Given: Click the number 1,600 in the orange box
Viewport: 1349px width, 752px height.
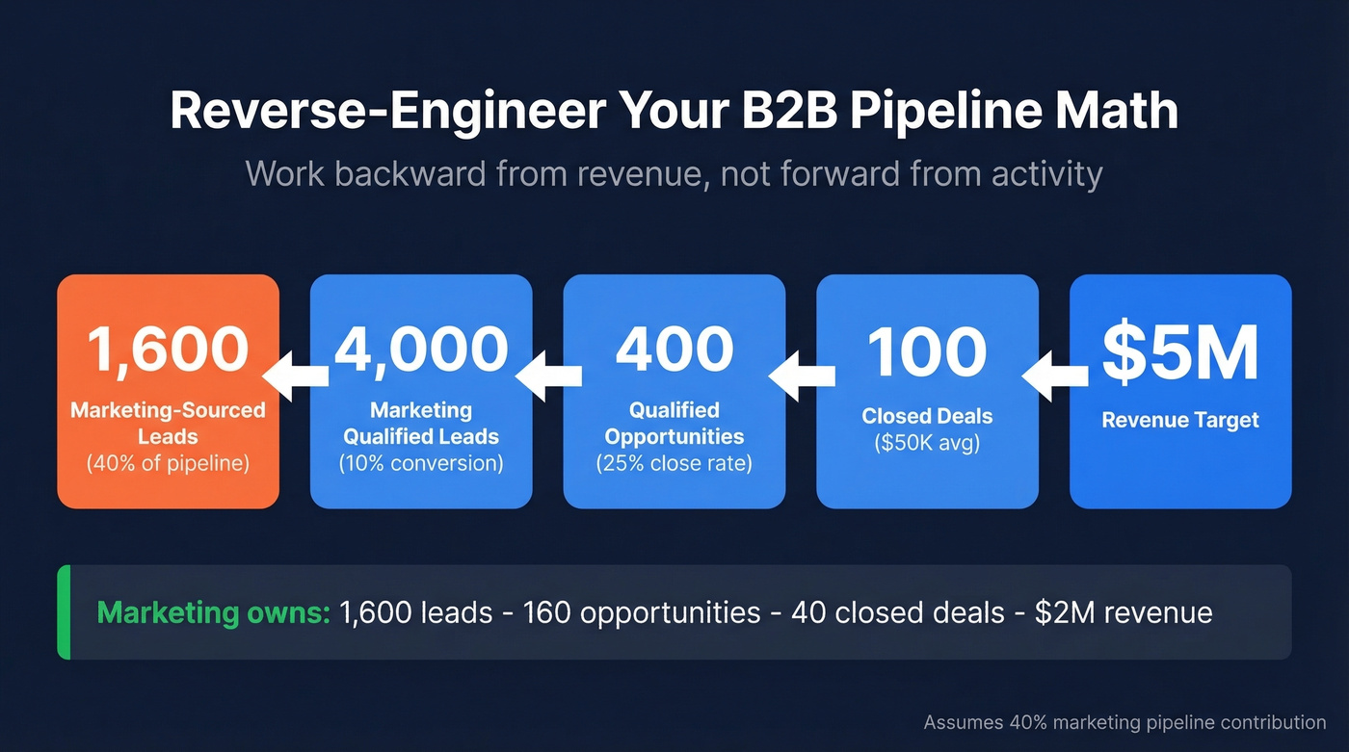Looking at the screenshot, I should tap(169, 349).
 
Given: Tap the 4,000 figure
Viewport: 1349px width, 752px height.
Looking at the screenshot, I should tap(421, 349).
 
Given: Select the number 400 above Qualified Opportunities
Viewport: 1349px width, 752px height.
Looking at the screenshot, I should tap(674, 349).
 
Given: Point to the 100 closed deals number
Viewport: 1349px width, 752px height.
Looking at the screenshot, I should tap(927, 351).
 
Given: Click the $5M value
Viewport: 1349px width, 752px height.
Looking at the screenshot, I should tap(1180, 352).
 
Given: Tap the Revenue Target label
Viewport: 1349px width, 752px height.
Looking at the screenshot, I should tap(1180, 420).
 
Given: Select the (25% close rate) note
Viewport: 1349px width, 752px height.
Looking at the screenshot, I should tap(674, 463).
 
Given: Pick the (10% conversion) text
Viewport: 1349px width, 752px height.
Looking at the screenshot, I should tap(421, 463).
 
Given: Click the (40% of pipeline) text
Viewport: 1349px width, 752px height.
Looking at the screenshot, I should tap(168, 463).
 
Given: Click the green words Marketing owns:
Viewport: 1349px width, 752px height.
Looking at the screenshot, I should tap(214, 612).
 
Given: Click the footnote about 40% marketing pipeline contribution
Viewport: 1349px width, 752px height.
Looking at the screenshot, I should tap(1124, 722).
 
